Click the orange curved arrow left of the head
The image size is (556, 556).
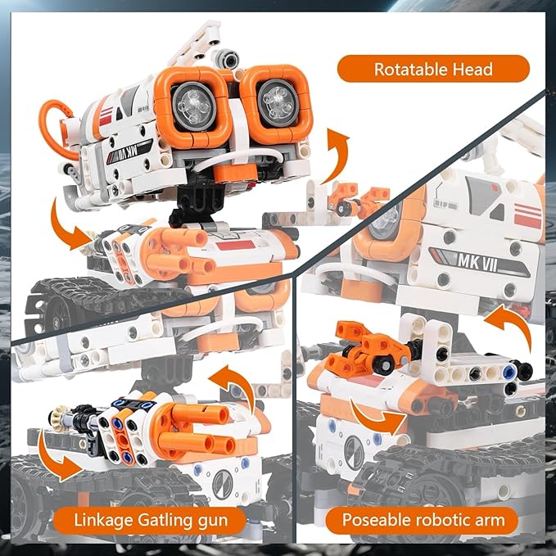(69, 224)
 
